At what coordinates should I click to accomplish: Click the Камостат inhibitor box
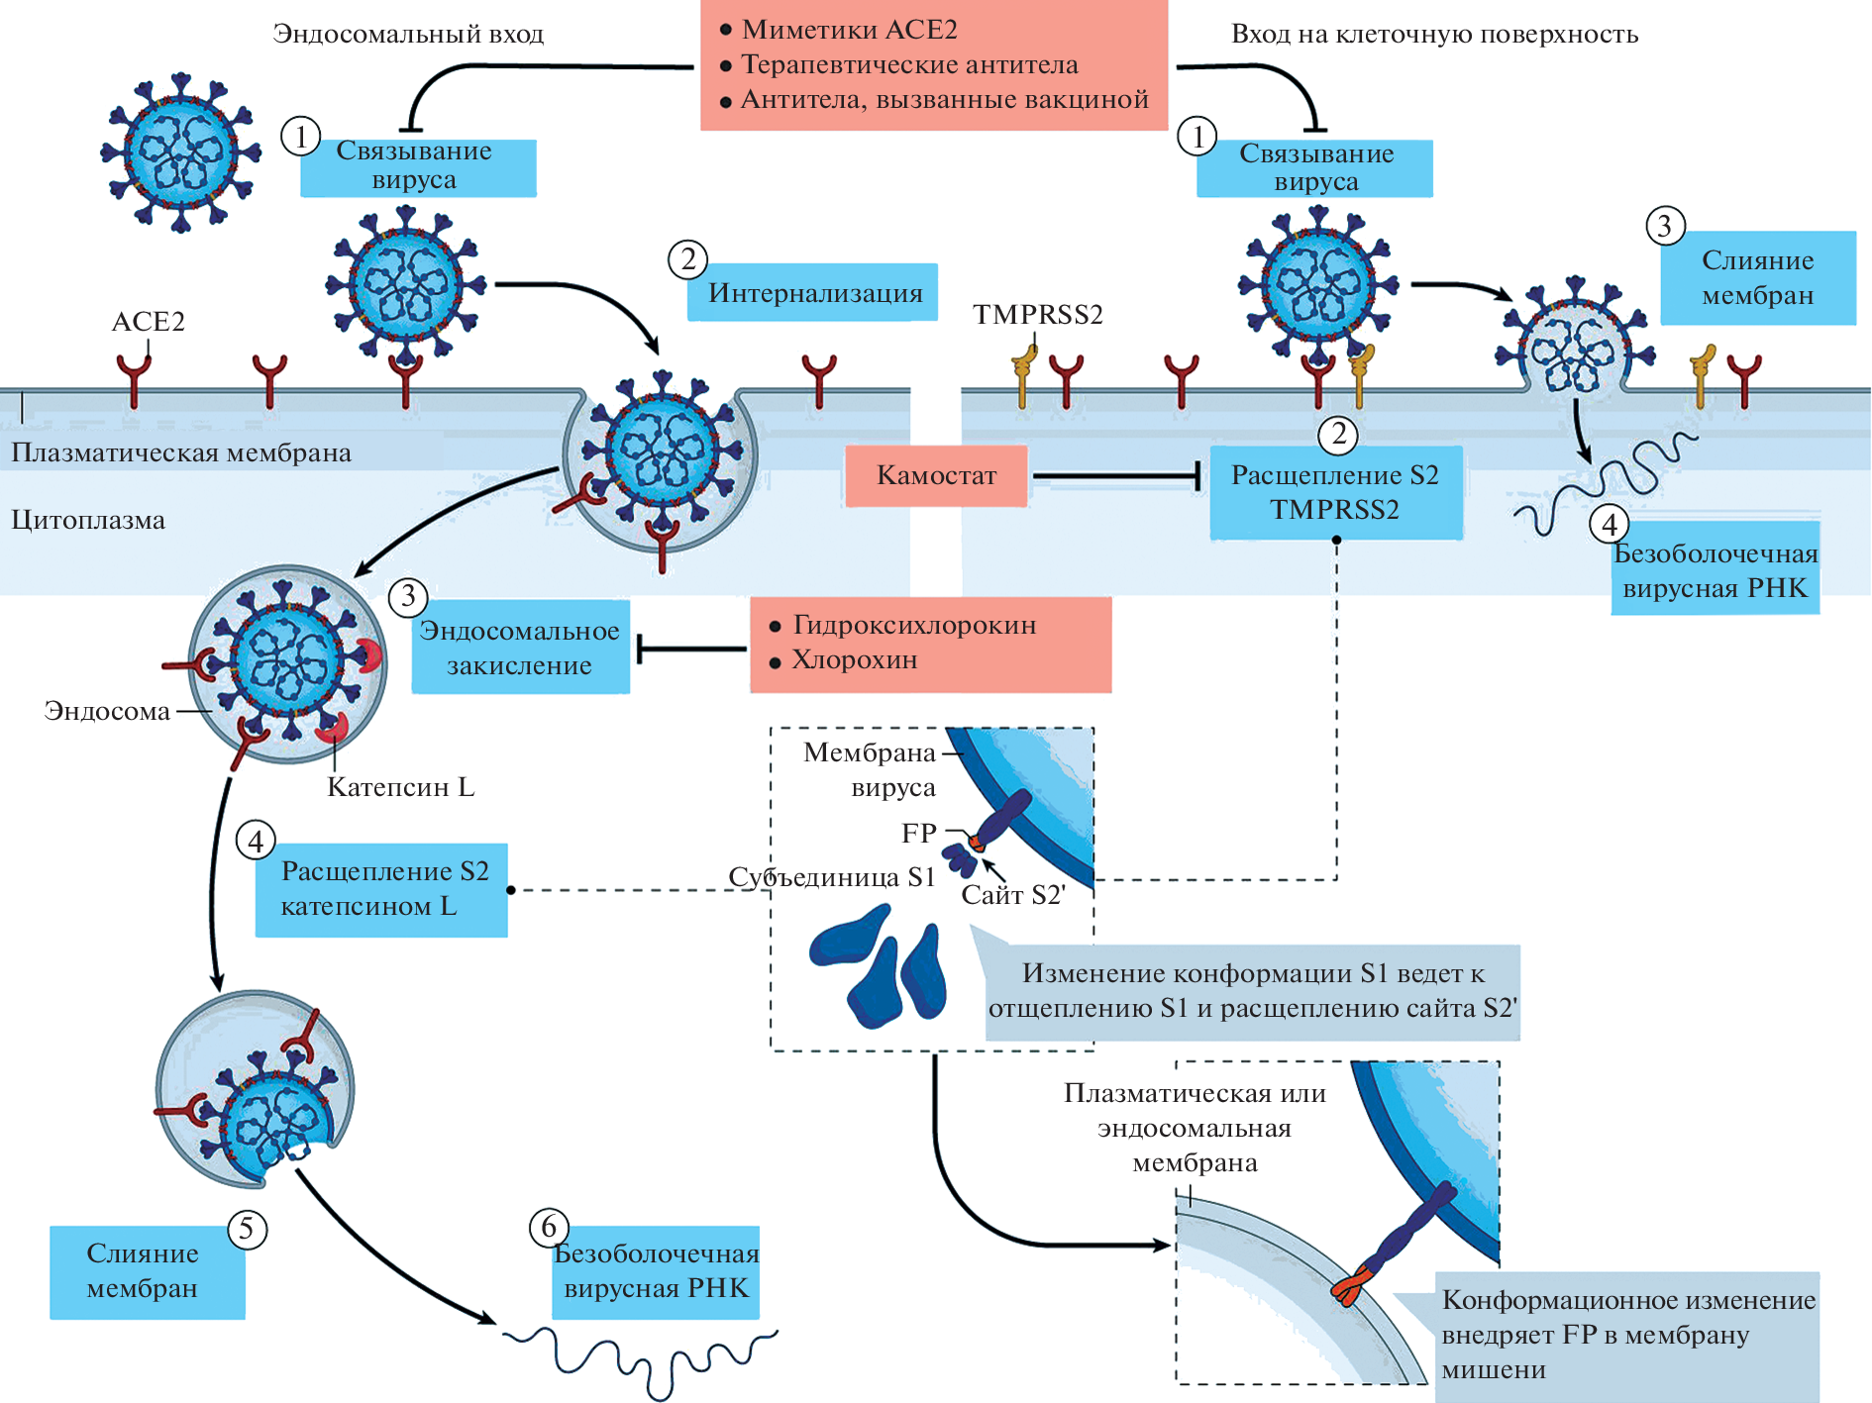(935, 476)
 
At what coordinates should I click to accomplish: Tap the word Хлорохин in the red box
(855, 660)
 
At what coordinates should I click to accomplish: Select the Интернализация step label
(814, 293)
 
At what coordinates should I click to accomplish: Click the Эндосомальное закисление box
(520, 648)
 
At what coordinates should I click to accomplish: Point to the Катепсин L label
(400, 788)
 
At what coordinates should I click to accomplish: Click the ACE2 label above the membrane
(148, 322)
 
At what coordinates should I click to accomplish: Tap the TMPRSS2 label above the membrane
(1037, 315)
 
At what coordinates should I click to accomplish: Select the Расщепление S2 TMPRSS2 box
(1335, 492)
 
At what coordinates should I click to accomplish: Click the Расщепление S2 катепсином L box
(382, 889)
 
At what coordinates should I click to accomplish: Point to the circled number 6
(549, 1228)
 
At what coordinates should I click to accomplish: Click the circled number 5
(247, 1230)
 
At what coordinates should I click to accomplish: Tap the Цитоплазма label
(88, 521)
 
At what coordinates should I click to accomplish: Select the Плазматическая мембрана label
(181, 453)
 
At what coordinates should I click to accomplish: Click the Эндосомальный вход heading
(408, 35)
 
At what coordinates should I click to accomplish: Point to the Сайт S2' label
(1012, 896)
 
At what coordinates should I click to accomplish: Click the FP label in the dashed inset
(918, 834)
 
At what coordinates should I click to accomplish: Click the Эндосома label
(107, 711)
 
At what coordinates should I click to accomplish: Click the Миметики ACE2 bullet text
(849, 31)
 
